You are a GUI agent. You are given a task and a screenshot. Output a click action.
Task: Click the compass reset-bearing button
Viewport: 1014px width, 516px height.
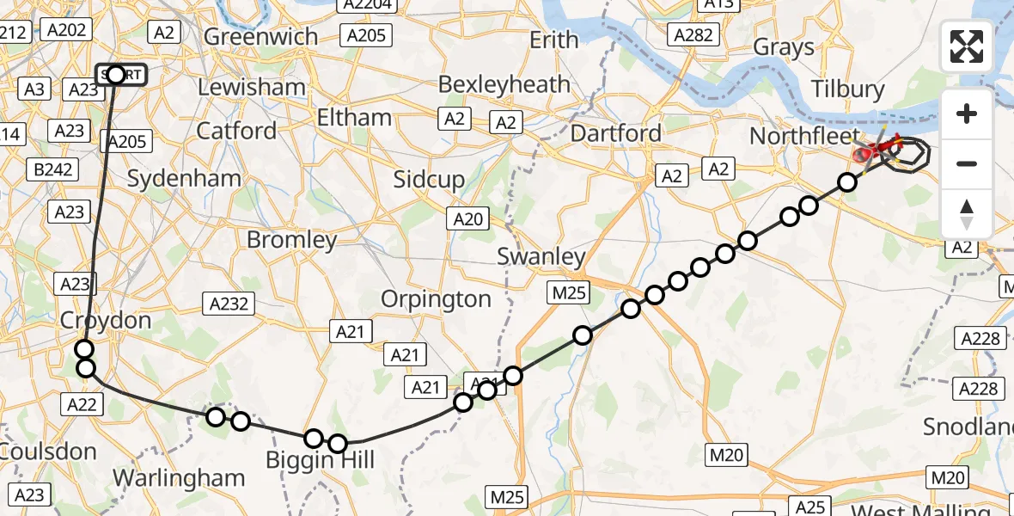coord(967,214)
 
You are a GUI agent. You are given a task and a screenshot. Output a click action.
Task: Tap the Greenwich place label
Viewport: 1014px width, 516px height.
coord(260,37)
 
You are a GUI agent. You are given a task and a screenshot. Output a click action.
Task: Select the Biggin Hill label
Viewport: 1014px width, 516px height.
coord(320,461)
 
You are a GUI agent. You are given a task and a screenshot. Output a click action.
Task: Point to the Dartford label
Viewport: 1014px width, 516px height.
coord(616,133)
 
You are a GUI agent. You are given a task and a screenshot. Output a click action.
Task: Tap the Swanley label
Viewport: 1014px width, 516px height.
coord(541,256)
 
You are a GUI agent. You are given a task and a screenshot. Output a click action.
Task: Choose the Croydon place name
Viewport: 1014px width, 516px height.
coord(106,321)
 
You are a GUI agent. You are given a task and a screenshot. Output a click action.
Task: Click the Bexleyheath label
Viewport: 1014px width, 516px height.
coord(504,84)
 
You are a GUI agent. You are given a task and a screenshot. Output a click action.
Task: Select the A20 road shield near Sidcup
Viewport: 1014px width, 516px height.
coord(468,219)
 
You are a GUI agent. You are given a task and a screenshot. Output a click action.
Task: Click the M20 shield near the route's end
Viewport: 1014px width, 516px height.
coord(948,477)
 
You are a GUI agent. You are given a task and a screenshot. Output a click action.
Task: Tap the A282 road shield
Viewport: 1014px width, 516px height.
coord(693,34)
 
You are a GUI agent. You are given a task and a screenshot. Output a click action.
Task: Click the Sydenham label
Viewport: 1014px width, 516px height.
coord(184,179)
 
